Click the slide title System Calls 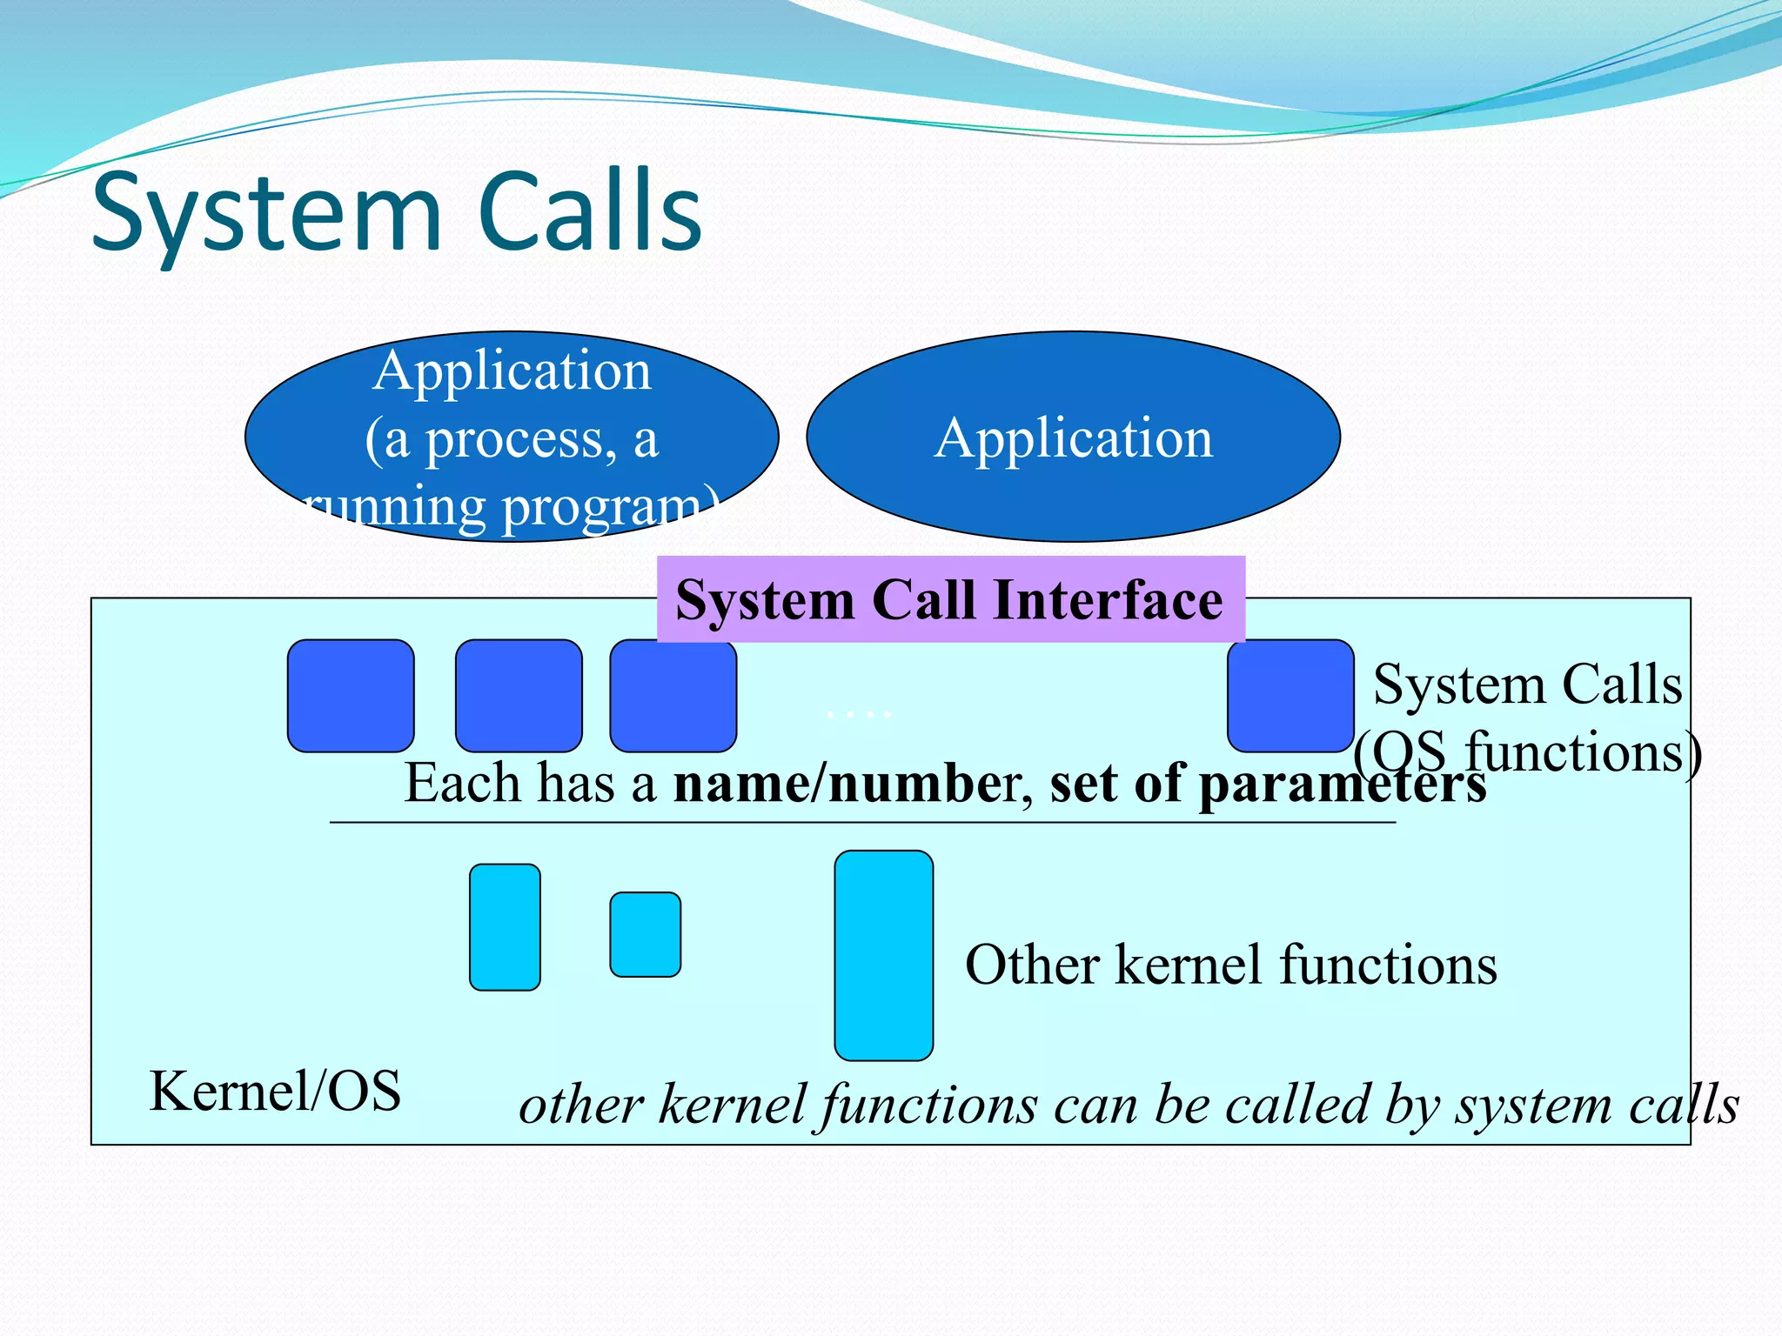pyautogui.click(x=396, y=212)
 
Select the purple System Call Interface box pyautogui.click(x=950, y=598)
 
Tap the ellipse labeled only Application pyautogui.click(x=1073, y=437)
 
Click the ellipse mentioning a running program pyautogui.click(x=512, y=437)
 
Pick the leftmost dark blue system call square pyautogui.click(x=351, y=696)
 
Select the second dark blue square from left pyautogui.click(x=519, y=696)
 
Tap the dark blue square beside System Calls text pyautogui.click(x=1290, y=696)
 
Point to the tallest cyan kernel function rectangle pyautogui.click(x=883, y=955)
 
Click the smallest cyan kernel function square pyautogui.click(x=645, y=934)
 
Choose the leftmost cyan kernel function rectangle pyautogui.click(x=505, y=927)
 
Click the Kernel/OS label pyautogui.click(x=275, y=1091)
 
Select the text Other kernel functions pyautogui.click(x=1230, y=965)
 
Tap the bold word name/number pyautogui.click(x=839, y=783)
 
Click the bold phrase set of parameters pyautogui.click(x=1268, y=783)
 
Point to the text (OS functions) pyautogui.click(x=1527, y=752)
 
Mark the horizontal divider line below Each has pyautogui.click(x=861, y=822)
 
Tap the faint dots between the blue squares pyautogui.click(x=859, y=715)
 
